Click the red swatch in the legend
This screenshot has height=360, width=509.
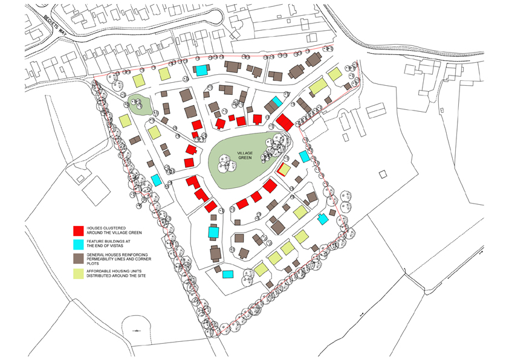(77, 231)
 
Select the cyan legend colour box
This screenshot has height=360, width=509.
(77, 244)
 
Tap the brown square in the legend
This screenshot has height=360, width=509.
(77, 259)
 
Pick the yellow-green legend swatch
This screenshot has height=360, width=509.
(77, 273)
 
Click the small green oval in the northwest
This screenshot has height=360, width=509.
(140, 104)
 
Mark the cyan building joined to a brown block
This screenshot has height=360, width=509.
(276, 101)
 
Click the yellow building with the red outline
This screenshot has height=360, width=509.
(283, 169)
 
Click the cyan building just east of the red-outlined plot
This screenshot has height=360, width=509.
(304, 156)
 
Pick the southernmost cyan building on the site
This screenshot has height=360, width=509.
(227, 274)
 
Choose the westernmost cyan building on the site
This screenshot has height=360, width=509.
(157, 179)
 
